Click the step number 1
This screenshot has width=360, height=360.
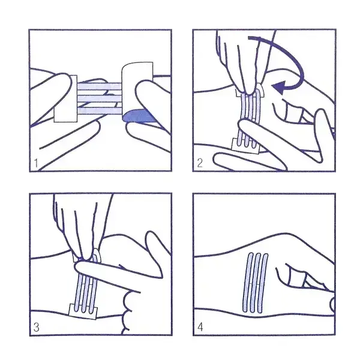pos(36,163)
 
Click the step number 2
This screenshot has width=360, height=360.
pos(200,163)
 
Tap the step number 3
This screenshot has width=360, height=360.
pos(36,327)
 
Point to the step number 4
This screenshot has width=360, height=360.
pos(200,327)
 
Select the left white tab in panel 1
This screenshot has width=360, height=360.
pos(65,99)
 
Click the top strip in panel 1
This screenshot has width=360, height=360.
pos(99,86)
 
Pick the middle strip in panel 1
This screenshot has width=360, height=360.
pos(99,99)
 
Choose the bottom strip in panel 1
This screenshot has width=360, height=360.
pos(99,111)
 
